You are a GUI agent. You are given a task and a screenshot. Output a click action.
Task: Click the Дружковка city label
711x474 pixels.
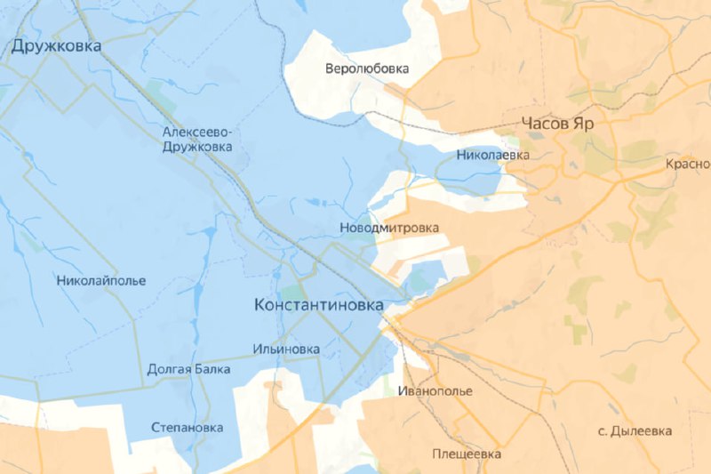pos(56,46)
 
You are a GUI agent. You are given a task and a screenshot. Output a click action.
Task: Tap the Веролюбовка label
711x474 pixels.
pos(366,68)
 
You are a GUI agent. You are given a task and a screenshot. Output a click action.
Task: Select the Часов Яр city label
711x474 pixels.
pos(558,124)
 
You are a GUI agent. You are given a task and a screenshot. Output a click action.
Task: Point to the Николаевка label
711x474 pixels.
pos(492,156)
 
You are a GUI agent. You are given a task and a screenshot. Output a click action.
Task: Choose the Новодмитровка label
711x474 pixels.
pos(389,229)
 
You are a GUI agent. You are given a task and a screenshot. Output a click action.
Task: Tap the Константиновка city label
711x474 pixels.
pos(319,305)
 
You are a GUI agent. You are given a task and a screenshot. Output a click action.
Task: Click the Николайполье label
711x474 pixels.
pos(100,281)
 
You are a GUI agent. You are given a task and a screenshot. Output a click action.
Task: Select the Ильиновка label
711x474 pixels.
pos(285,349)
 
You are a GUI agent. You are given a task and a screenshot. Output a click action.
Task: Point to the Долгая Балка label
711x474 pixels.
pos(188,368)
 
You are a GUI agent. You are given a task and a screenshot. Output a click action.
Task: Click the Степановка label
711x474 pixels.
pos(188,427)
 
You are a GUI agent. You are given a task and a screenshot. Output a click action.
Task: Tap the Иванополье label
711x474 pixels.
pos(435,391)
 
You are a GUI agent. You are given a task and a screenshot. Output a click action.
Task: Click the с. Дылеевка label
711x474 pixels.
pos(635,431)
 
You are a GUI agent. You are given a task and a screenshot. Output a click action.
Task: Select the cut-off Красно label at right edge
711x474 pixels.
pos(688,165)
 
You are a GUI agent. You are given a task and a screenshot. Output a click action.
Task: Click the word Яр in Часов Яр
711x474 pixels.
pos(583,124)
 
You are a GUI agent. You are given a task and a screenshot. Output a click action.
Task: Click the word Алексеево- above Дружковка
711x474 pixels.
pos(197,133)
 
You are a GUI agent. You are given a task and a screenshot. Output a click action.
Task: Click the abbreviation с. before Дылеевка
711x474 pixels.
pos(603,432)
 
